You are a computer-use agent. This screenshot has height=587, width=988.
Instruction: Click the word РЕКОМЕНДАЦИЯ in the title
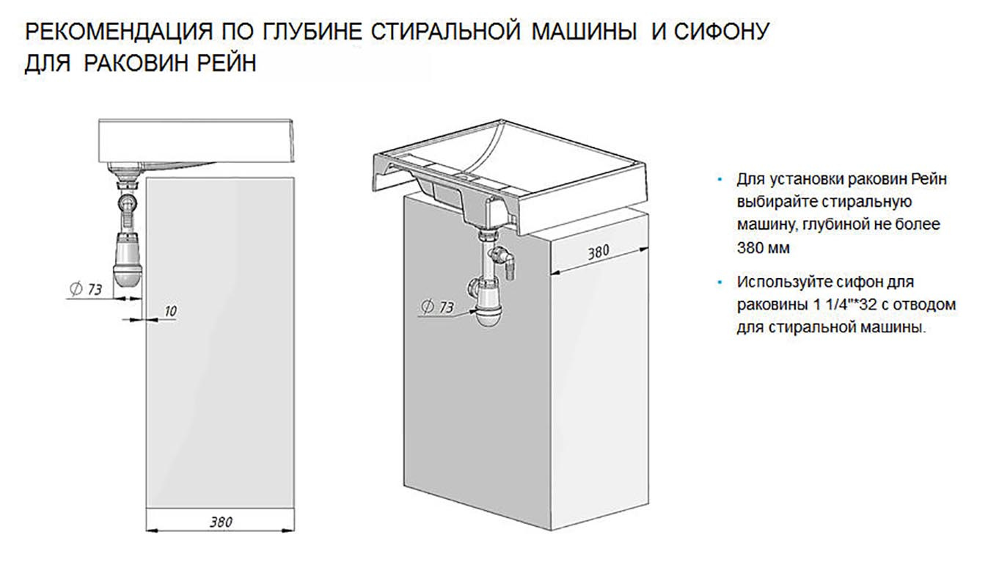pos(118,32)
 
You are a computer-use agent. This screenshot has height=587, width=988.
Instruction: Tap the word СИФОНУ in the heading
pos(722,32)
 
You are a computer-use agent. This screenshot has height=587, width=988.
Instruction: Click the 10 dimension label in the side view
pos(170,311)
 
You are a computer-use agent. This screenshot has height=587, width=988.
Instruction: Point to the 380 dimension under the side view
pos(221,522)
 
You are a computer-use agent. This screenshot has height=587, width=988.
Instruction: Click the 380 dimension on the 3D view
pos(599,252)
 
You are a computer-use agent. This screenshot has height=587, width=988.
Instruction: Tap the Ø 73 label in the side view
pos(86,289)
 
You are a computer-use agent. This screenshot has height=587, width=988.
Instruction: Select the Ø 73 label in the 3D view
pos(438,306)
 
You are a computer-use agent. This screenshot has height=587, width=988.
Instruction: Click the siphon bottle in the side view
pos(128,260)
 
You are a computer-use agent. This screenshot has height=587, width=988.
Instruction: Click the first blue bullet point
pos(720,180)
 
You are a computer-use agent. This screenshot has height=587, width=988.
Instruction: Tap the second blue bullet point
pos(720,282)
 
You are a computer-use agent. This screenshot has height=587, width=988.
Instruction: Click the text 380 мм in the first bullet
pos(763,247)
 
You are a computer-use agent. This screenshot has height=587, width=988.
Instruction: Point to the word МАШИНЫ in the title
pos(585,32)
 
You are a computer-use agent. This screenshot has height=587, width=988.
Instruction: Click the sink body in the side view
pos(197,141)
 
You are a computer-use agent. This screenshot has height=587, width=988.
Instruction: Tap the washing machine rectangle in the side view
pos(220,343)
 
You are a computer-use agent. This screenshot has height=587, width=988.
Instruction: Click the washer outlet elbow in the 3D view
pos(504,260)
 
